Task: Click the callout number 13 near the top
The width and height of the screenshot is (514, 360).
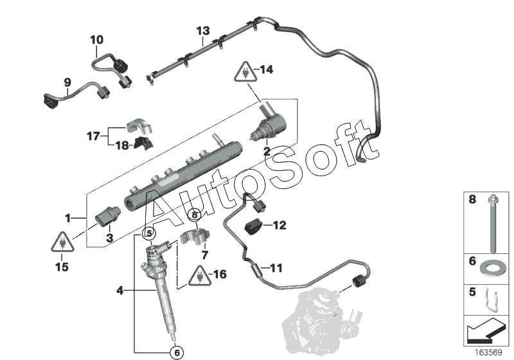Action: pos(203,31)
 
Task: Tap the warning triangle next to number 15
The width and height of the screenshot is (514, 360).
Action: pos(62,242)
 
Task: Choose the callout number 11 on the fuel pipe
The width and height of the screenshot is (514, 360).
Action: pos(276,267)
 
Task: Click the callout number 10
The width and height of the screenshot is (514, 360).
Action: pos(96,40)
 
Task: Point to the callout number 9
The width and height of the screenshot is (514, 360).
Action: pos(67,82)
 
